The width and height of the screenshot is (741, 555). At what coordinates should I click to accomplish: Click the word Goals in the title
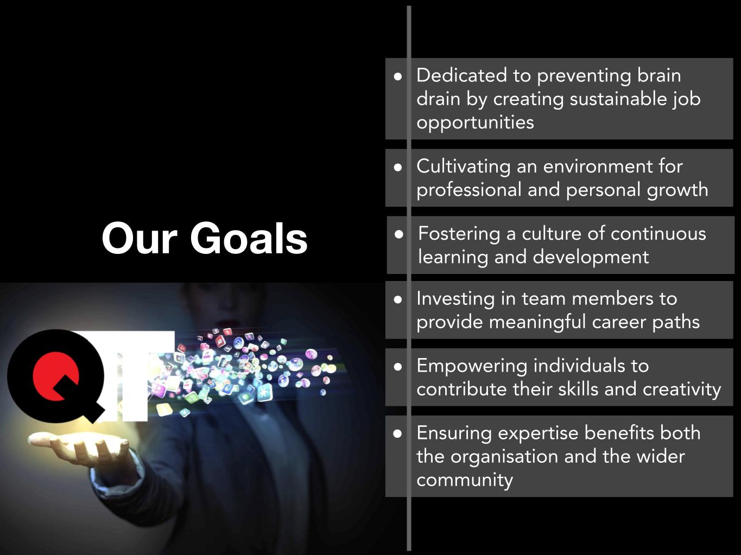(249, 238)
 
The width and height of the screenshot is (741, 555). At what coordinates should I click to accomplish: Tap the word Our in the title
(140, 238)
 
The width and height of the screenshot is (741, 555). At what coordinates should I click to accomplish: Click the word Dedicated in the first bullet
(461, 75)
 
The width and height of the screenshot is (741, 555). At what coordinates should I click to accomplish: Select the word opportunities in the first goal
(476, 122)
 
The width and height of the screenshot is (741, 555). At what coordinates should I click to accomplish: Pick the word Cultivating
(464, 167)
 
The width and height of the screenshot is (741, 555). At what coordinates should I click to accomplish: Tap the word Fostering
(459, 233)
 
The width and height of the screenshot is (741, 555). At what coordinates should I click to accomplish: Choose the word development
(591, 257)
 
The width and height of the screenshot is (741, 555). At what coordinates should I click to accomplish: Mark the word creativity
(682, 390)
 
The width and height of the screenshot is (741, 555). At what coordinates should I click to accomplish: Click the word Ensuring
(454, 433)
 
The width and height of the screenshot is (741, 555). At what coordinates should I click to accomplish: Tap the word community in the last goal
(465, 480)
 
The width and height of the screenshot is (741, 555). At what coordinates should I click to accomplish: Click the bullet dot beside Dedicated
(398, 76)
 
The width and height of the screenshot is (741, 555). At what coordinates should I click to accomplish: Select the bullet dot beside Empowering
(398, 367)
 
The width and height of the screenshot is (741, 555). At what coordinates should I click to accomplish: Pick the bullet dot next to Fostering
(399, 234)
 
